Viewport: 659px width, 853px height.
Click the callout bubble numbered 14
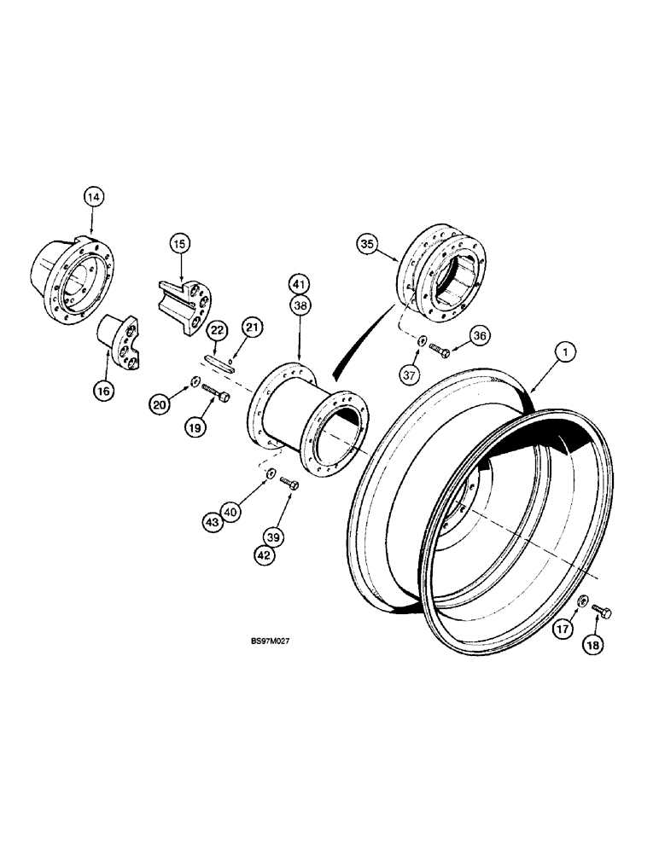94,197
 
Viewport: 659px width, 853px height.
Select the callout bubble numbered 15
178,245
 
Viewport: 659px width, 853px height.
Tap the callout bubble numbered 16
104,391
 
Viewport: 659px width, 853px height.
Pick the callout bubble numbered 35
367,246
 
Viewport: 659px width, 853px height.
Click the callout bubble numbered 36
478,338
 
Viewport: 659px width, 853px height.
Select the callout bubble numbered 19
195,426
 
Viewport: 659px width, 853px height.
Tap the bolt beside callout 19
213,397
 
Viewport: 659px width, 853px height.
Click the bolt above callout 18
603,611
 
